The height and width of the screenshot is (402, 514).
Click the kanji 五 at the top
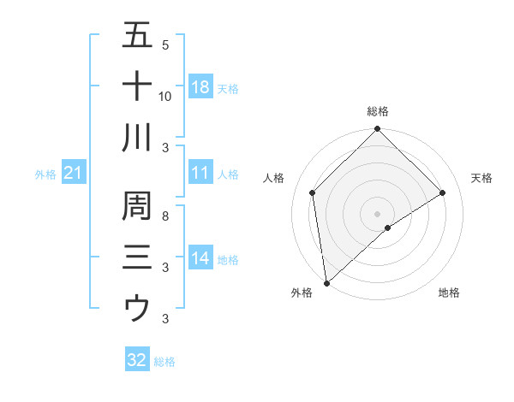[x=137, y=36]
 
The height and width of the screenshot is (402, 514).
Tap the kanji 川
[x=137, y=137]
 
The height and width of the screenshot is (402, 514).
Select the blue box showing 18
[x=200, y=87]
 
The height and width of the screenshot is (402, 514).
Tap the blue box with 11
[x=200, y=174]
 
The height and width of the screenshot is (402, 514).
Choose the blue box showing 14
[x=200, y=259]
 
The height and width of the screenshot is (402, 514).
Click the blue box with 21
[x=74, y=174]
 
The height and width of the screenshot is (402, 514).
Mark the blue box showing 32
[x=137, y=360]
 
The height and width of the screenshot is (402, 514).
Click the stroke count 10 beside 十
[x=165, y=96]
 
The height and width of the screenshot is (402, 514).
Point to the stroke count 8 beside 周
[x=165, y=216]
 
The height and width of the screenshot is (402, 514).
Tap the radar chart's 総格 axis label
[x=378, y=111]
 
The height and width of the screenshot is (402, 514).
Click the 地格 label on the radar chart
[x=449, y=293]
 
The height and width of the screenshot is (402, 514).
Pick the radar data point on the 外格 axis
[x=326, y=283]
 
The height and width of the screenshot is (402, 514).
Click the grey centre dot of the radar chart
[x=378, y=213]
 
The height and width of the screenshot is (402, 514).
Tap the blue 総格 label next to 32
[x=164, y=362]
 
